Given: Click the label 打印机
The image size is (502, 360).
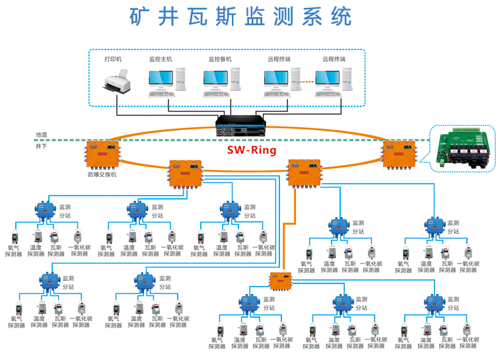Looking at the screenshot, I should click(x=113, y=59).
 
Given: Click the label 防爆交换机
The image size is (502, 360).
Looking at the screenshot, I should click(x=102, y=175).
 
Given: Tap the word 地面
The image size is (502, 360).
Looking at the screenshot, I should click(x=42, y=135).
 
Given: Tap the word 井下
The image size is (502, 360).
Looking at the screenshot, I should click(x=42, y=145).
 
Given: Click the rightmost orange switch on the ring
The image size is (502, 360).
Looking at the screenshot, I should click(x=400, y=154).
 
